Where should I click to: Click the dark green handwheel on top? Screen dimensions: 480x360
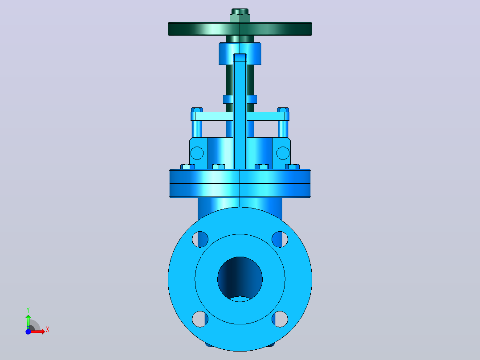(x=240, y=29)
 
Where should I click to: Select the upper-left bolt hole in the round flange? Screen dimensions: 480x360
(x=200, y=239)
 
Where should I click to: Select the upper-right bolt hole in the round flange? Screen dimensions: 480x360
(x=280, y=239)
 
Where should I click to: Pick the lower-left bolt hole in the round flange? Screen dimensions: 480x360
(x=200, y=319)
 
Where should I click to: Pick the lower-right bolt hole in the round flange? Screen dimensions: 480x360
(x=280, y=319)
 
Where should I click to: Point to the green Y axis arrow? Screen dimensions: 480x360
(x=28, y=322)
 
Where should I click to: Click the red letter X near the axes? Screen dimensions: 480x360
(x=48, y=330)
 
